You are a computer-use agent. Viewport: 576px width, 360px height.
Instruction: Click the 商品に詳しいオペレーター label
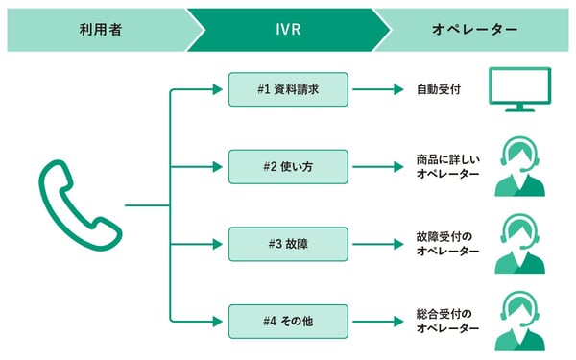pos(447,165)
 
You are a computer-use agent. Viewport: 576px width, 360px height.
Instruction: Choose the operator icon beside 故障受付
pos(519,244)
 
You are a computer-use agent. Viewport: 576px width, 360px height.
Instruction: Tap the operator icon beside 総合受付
pos(519,320)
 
